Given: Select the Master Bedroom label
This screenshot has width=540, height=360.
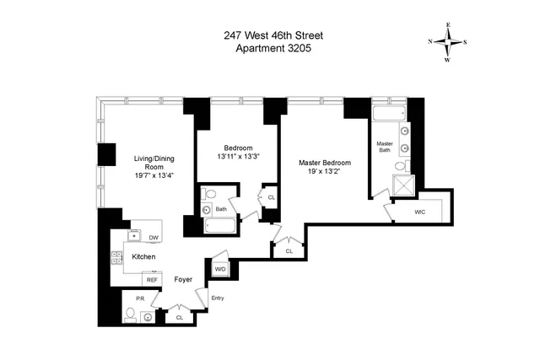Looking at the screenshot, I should (x=324, y=163).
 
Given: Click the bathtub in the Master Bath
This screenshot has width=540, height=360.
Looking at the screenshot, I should (x=390, y=115).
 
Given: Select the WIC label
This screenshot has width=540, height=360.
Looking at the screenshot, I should (x=419, y=212).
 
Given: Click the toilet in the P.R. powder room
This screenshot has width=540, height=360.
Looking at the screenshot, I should (x=129, y=316).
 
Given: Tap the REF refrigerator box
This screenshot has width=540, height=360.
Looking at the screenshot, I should (x=153, y=279).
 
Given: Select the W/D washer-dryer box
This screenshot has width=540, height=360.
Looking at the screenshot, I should (x=220, y=269).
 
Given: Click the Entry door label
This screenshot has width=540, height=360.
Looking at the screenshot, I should (x=218, y=298).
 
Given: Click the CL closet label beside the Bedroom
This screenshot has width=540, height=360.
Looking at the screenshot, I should (x=271, y=198).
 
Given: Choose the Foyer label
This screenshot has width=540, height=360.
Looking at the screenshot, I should (x=184, y=278).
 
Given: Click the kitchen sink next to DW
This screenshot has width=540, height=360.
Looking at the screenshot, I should (x=134, y=234).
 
